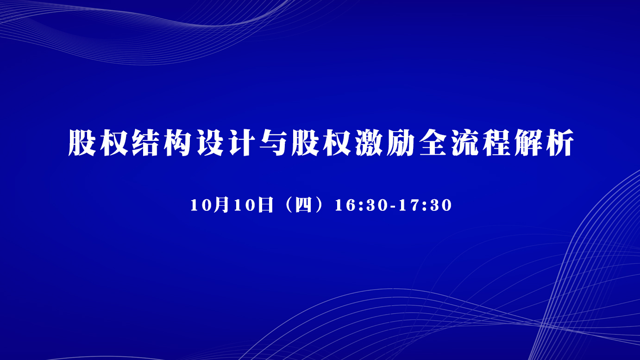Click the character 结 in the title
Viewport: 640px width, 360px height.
pyautogui.click(x=146, y=143)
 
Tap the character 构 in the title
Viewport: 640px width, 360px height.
pyautogui.click(x=178, y=143)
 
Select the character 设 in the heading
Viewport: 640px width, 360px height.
pyautogui.click(x=210, y=143)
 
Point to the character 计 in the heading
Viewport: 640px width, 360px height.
pyautogui.click(x=242, y=143)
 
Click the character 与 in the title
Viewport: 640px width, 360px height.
pyautogui.click(x=274, y=143)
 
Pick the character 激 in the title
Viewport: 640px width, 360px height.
pyautogui.click(x=369, y=143)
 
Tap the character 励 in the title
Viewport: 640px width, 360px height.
pyautogui.click(x=401, y=143)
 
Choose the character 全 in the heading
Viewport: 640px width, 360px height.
pyautogui.click(x=433, y=143)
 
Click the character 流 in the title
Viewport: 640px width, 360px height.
pyautogui.click(x=465, y=143)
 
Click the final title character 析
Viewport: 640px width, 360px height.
pyautogui.click(x=560, y=143)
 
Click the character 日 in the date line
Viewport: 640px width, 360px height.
pyautogui.click(x=265, y=205)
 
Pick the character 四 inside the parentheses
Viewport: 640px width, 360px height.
pyautogui.click(x=303, y=205)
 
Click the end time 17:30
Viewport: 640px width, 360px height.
pyautogui.click(x=425, y=205)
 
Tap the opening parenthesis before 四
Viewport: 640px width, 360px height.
pyautogui.click(x=289, y=205)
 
